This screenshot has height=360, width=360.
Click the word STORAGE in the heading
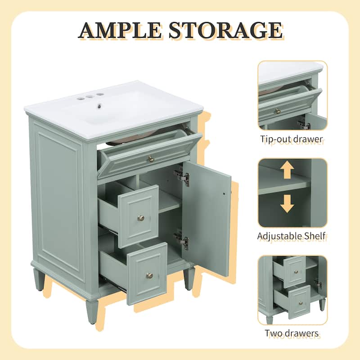click(225, 30)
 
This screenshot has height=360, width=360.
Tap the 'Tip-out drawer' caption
click(292, 139)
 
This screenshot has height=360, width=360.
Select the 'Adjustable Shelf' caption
click(292, 235)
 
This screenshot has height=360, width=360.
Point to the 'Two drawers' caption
click(292, 333)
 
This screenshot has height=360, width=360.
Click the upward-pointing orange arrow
click(287, 171)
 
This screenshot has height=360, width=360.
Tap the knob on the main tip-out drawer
click(151, 158)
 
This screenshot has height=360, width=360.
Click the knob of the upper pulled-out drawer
click(141, 218)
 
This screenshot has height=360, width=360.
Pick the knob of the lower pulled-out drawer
click(149, 275)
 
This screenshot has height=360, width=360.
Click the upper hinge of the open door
click(182, 176)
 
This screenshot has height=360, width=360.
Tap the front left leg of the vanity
click(92, 310)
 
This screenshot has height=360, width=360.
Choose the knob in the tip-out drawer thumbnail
click(278, 111)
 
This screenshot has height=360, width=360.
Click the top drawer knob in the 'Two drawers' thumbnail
click(296, 272)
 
